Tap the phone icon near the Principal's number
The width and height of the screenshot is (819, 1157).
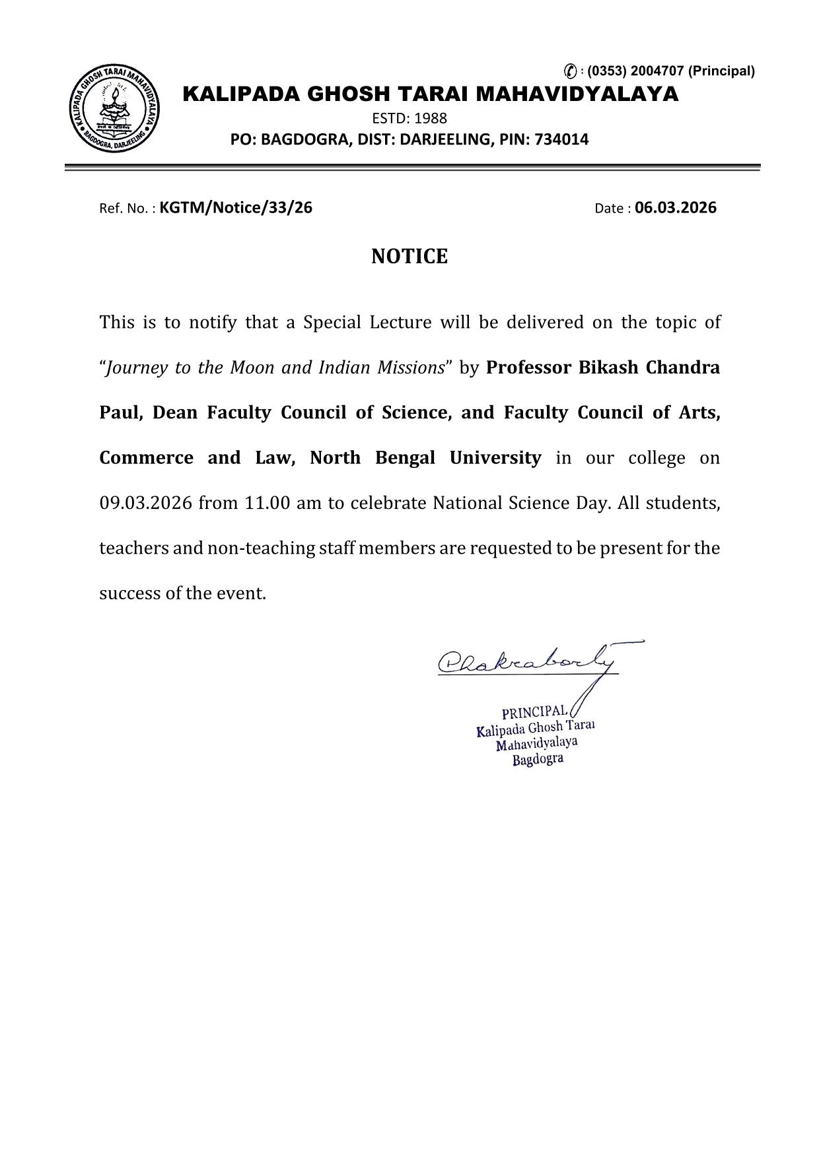(x=570, y=71)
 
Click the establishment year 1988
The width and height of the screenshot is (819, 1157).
(x=430, y=119)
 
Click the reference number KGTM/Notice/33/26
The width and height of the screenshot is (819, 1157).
(x=236, y=208)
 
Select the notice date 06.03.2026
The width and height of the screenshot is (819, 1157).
(x=675, y=208)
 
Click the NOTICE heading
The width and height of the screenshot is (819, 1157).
(x=409, y=256)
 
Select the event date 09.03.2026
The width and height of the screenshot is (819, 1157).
(x=145, y=504)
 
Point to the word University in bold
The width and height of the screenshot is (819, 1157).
(x=495, y=458)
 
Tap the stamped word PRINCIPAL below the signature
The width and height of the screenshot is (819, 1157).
(x=534, y=712)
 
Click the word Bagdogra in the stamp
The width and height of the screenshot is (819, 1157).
(x=538, y=759)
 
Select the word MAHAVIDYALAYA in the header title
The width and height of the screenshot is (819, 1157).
(x=577, y=94)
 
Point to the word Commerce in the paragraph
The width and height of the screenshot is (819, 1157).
(x=146, y=458)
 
